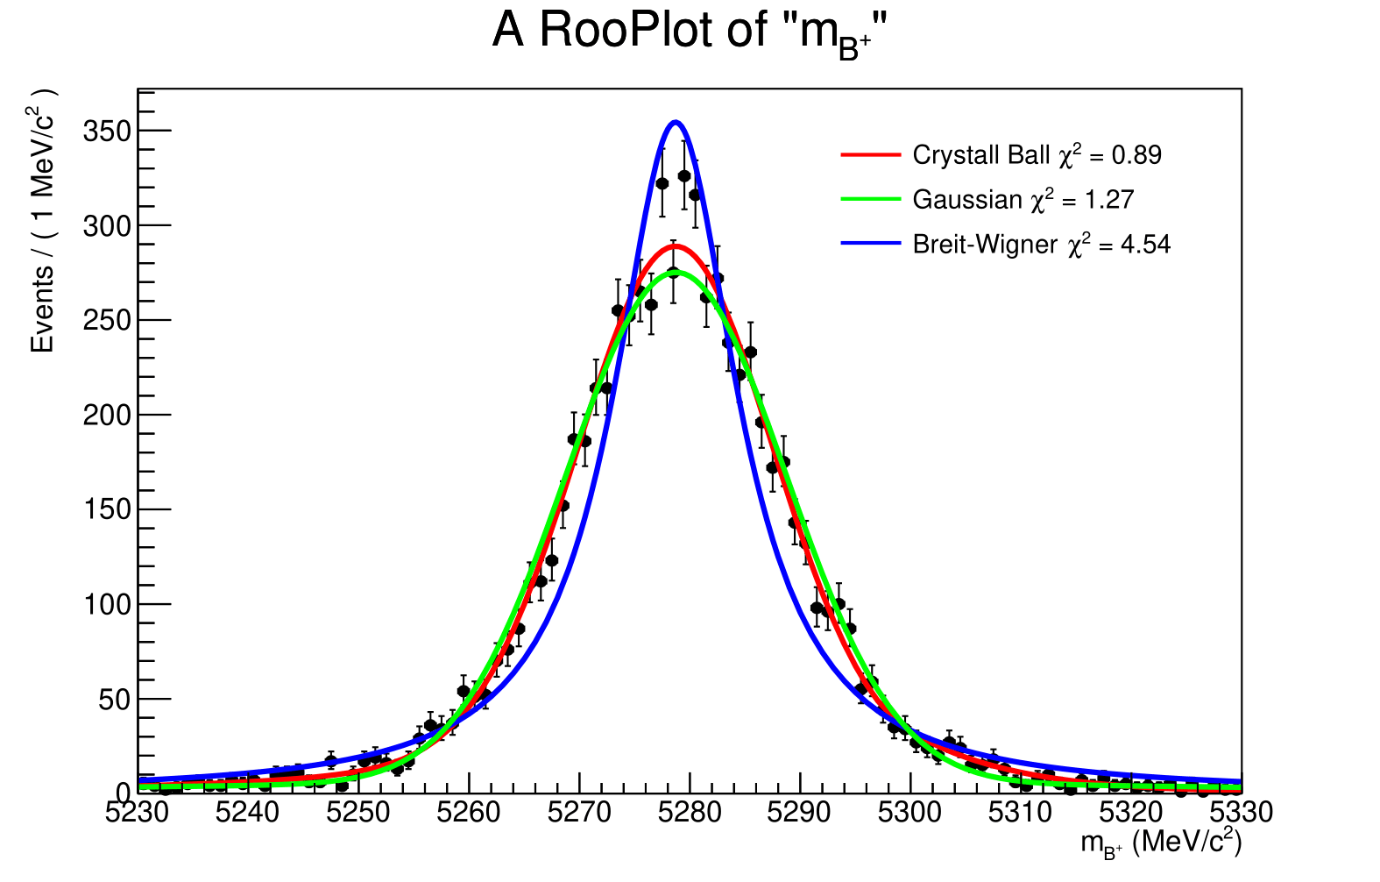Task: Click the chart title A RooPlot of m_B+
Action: click(690, 33)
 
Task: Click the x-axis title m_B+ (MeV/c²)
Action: click(1160, 843)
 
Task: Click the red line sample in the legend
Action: click(870, 155)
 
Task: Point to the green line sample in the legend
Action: click(870, 200)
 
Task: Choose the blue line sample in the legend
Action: click(870, 244)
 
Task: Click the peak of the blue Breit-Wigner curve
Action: click(675, 122)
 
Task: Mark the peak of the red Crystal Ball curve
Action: click(674, 245)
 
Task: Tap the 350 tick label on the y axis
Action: click(106, 132)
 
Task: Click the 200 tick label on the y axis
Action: click(106, 416)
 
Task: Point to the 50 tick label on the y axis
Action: click(113, 700)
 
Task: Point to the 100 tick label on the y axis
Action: click(106, 605)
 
